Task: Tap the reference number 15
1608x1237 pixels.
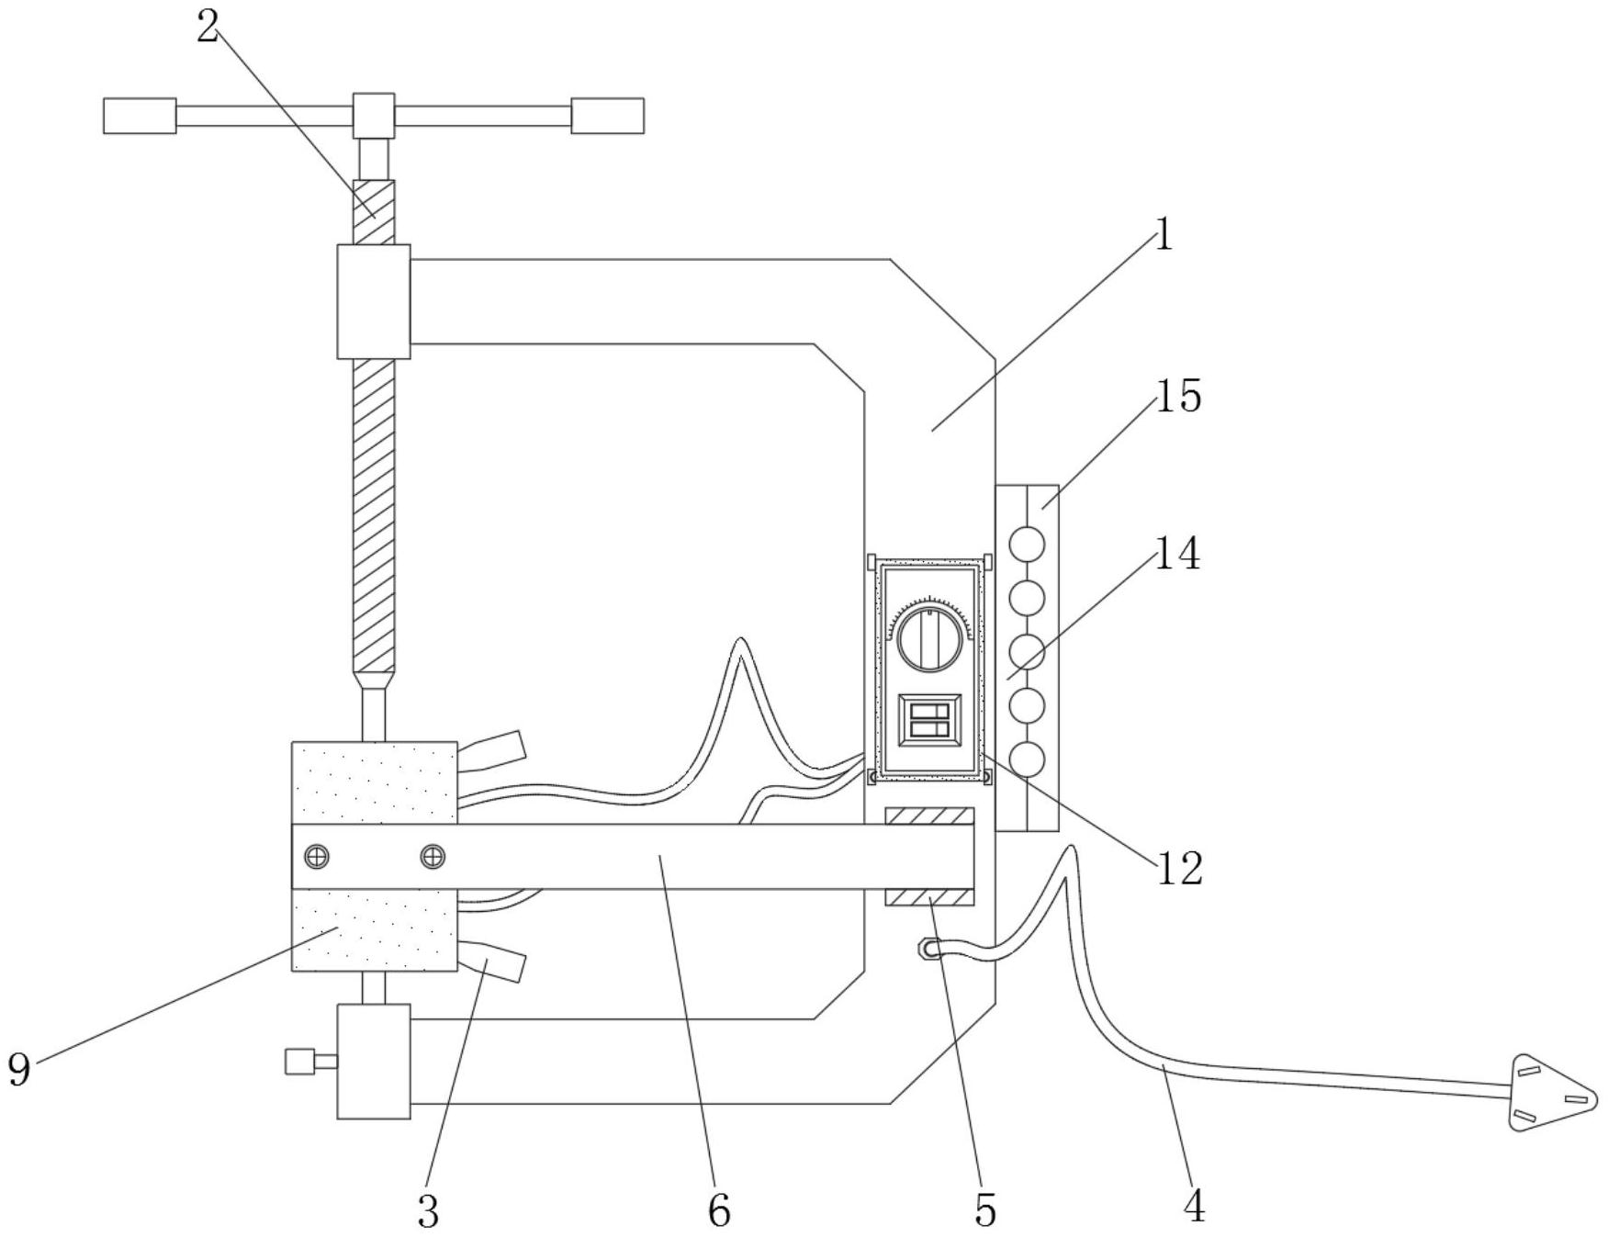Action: pos(1178,397)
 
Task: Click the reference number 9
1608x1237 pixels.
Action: pos(19,1070)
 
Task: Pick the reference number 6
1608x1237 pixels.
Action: pos(719,1211)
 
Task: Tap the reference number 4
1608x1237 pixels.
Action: pos(1194,1206)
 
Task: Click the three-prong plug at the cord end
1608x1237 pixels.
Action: pos(1553,1093)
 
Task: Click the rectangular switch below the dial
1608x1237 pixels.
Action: pos(929,721)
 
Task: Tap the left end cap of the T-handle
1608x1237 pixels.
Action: pos(140,116)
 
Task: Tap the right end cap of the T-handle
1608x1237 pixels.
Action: pos(607,116)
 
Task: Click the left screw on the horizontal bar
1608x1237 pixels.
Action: pos(317,857)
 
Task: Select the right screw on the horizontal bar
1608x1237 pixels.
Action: pos(433,857)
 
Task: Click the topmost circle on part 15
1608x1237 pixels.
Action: pos(1027,545)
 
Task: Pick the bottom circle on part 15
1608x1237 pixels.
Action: pos(1027,759)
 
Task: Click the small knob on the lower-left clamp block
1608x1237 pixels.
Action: pos(299,1062)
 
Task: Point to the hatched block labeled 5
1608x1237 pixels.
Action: pos(929,897)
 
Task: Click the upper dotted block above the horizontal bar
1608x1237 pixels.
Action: pos(374,782)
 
